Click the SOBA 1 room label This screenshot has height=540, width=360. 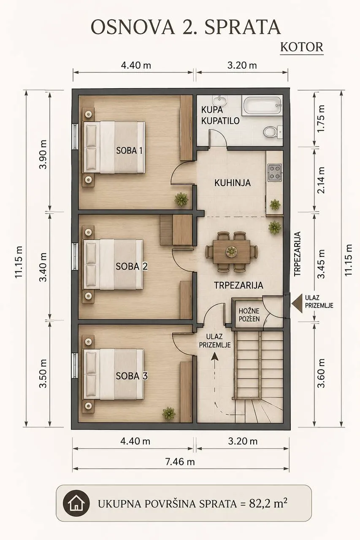coord(130,151)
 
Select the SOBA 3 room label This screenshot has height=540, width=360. coord(131,376)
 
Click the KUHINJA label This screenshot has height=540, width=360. coord(233,183)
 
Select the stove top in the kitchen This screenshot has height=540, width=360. coord(274,173)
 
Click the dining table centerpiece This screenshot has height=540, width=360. coord(231,252)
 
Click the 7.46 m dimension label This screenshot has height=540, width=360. coord(180,462)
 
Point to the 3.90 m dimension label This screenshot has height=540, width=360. coord(43,154)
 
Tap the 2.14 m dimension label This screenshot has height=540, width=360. coord(321,180)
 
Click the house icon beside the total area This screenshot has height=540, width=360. coord(76,502)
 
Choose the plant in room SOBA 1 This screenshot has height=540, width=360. coord(181,199)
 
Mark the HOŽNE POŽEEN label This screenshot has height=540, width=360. coord(249,315)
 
